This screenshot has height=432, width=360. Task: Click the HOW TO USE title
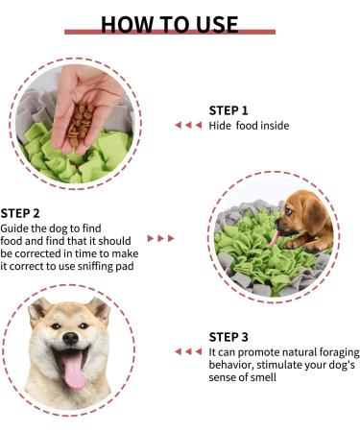pos(170,24)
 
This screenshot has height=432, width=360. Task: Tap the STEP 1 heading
pos(228,110)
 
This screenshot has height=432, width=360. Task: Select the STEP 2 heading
pos(20,213)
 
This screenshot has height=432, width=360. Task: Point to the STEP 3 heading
pos(228,337)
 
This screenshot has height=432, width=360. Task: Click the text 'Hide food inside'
pos(249,126)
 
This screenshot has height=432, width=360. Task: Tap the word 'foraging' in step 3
pos(339,352)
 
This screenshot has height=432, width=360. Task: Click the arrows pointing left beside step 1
pos(188,125)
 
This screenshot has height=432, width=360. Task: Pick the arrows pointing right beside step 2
pos(161,238)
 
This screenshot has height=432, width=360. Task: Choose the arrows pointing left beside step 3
pos(188,351)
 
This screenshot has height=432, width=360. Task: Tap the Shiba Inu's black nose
pos(71,338)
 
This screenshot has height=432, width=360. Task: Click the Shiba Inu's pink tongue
pos(75,371)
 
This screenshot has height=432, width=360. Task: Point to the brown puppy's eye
pos(288,211)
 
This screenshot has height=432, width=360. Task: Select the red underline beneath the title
pos(170,32)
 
